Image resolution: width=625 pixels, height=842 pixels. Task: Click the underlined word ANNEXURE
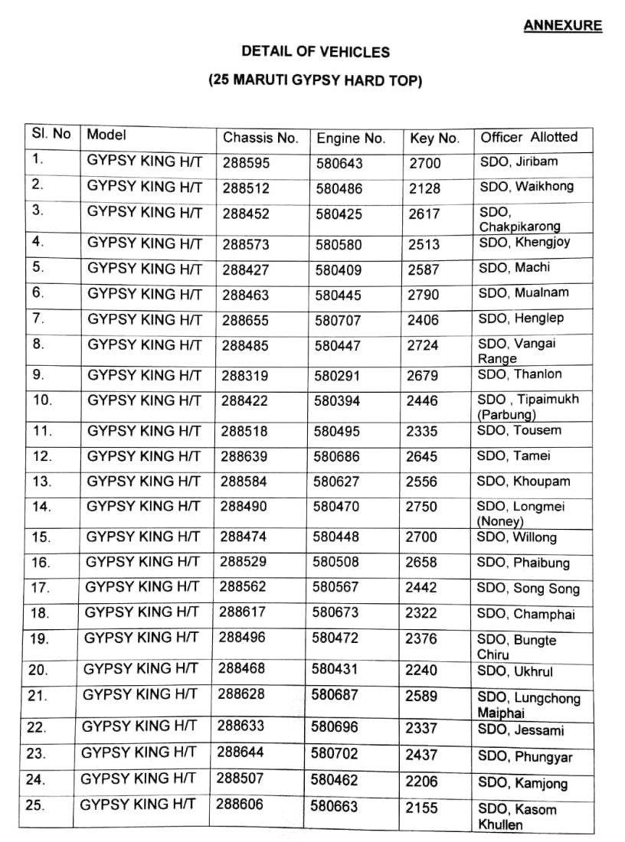(x=562, y=26)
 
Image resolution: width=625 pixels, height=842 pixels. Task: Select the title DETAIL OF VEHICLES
(x=316, y=52)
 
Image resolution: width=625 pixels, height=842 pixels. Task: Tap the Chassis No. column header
(x=260, y=138)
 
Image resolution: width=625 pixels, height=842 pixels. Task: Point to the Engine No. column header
(x=351, y=139)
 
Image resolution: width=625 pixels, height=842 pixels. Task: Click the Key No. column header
(x=434, y=139)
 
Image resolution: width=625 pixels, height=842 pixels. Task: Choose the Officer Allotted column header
(x=528, y=137)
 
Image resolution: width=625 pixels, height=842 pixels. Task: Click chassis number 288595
(x=246, y=163)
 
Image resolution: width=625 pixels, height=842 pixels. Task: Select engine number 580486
(x=338, y=188)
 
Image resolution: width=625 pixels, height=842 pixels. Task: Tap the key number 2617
(x=424, y=214)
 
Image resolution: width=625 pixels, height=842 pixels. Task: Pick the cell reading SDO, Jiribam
(x=518, y=162)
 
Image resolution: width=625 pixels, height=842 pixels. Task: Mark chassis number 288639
(x=244, y=456)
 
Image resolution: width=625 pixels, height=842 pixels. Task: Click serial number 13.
(x=43, y=481)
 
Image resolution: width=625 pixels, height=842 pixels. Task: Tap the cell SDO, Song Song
(x=528, y=589)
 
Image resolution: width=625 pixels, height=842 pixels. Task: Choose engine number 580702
(x=334, y=753)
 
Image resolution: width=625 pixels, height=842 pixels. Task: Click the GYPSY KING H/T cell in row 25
(x=138, y=804)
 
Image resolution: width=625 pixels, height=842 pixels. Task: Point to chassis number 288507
(x=240, y=778)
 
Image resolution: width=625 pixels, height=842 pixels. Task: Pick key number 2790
(x=423, y=293)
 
